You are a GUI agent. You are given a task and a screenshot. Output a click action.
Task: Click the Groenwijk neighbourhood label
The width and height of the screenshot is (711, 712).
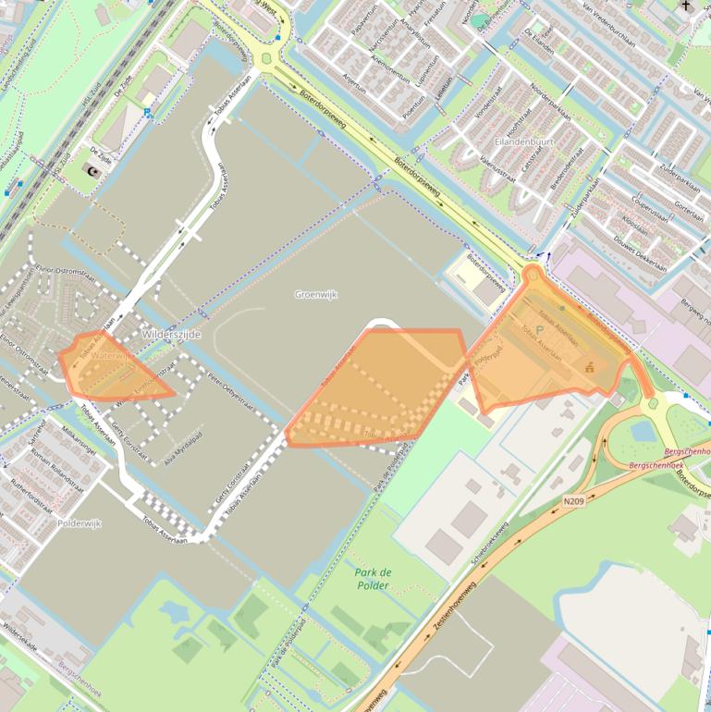click(x=315, y=294)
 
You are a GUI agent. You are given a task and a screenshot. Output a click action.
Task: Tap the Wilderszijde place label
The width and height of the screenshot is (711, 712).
click(x=170, y=334)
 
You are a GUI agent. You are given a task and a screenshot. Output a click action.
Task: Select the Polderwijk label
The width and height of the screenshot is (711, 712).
click(x=79, y=523)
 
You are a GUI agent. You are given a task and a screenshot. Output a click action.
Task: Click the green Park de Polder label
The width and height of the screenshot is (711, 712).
click(x=373, y=579)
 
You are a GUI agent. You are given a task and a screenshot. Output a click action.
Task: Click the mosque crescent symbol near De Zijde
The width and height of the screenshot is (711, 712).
click(x=92, y=171)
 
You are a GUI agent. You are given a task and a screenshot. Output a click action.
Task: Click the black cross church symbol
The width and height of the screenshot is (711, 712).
click(x=686, y=7)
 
